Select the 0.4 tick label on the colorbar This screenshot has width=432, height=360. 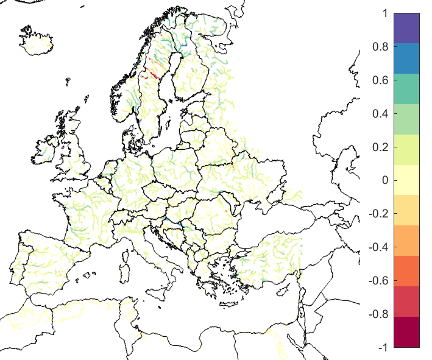tap(383, 113)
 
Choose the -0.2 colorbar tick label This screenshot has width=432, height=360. tap(384, 214)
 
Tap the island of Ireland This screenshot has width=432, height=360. tap(46, 149)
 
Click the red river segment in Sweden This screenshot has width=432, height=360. tap(153, 74)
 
